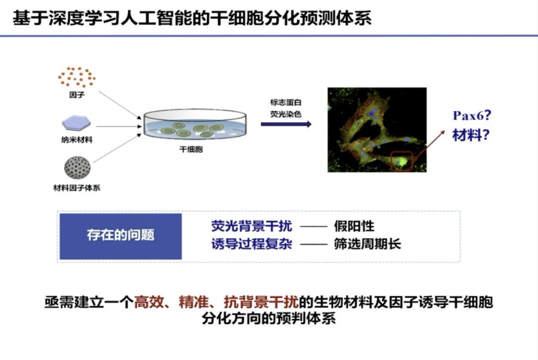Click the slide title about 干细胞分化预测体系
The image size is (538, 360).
point(192,18)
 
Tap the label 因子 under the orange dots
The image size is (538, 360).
point(77,95)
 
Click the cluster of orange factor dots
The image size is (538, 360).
point(77,77)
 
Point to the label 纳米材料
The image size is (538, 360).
point(77,139)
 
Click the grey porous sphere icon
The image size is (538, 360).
point(78,168)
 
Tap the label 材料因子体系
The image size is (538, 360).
point(77,188)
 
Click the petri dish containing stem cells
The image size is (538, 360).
point(195,124)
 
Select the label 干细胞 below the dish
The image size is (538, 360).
point(191,149)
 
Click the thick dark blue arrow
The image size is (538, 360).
point(286,124)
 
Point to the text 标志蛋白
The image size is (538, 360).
point(285,102)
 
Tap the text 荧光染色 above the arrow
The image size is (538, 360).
point(285,114)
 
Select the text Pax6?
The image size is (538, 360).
point(472,116)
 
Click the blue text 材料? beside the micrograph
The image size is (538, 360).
point(471,135)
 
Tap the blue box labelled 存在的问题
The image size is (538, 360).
point(121,236)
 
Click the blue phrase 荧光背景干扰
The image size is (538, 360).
point(252,226)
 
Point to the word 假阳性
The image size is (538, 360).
point(354,226)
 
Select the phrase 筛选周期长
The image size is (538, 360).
point(368,244)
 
